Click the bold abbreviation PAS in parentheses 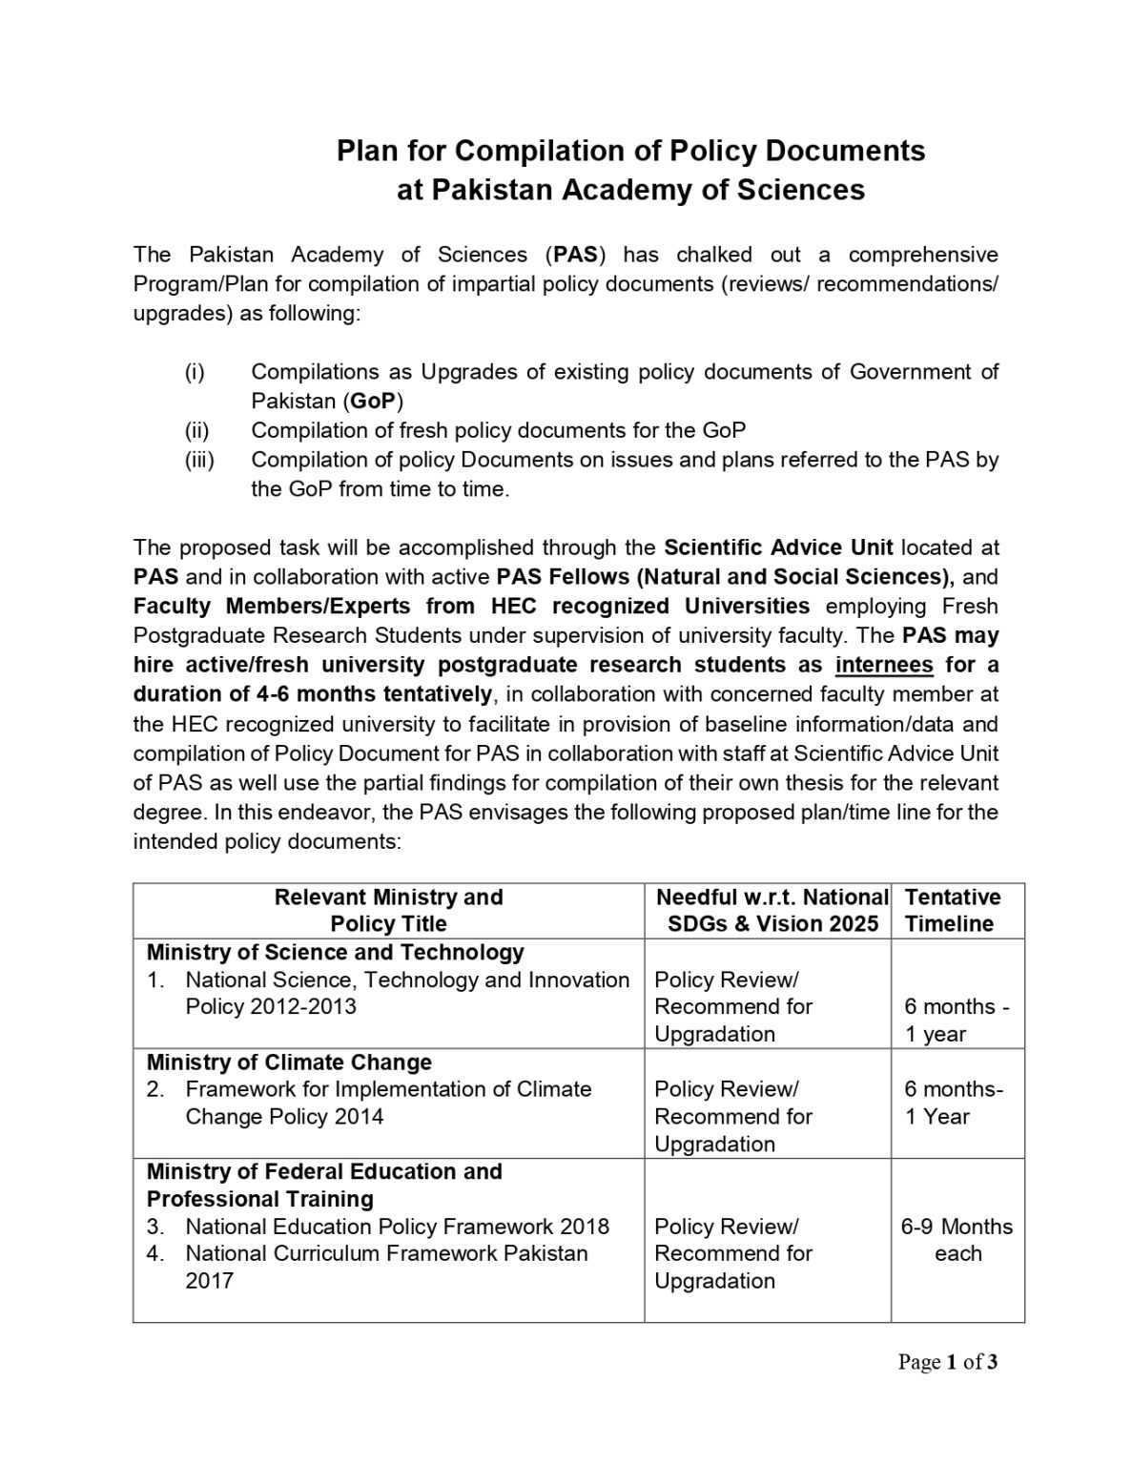tap(575, 255)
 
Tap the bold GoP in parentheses tap(373, 401)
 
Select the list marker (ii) tap(196, 430)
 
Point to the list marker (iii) tap(199, 460)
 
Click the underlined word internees tap(884, 665)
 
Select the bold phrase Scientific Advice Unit tap(778, 547)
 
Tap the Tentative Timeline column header tap(952, 910)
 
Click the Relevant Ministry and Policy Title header tap(388, 910)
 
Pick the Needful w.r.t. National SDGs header tap(771, 910)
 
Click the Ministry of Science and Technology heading tap(335, 952)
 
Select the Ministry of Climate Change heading tap(289, 1062)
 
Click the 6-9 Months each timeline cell tap(957, 1240)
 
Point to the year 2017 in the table tap(209, 1280)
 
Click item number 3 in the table tap(155, 1227)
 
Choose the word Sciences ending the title tap(801, 190)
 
